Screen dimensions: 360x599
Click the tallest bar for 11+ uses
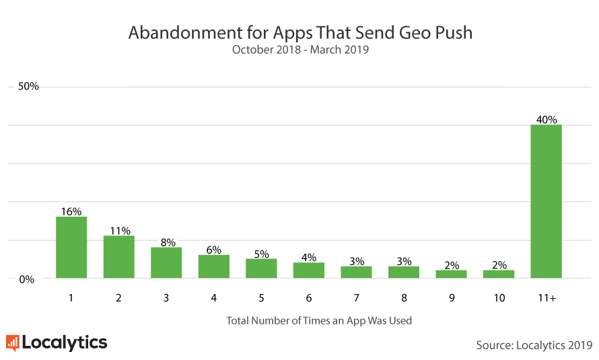pyautogui.click(x=546, y=201)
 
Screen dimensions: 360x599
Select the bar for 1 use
pyautogui.click(x=71, y=247)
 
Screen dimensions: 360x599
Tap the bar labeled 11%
pyautogui.click(x=118, y=256)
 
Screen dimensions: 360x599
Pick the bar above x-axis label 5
pyautogui.click(x=261, y=268)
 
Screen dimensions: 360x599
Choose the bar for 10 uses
pyautogui.click(x=499, y=274)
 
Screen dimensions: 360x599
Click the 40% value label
pyautogui.click(x=547, y=119)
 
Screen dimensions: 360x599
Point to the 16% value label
pyautogui.click(x=71, y=211)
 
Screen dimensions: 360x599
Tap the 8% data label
pyautogui.click(x=166, y=242)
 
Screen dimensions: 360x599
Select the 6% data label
pyautogui.click(x=214, y=250)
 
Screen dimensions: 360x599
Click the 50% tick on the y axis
pyautogui.click(x=28, y=87)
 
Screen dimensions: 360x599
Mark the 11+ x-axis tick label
pyautogui.click(x=547, y=298)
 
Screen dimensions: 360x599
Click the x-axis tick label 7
pyautogui.click(x=357, y=298)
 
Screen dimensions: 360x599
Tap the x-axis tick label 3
pyautogui.click(x=166, y=298)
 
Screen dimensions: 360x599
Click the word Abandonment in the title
pyautogui.click(x=178, y=32)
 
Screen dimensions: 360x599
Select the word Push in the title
pyautogui.click(x=452, y=32)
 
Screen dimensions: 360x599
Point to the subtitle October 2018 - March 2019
pyautogui.click(x=300, y=49)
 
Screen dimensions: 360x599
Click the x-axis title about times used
pyautogui.click(x=319, y=320)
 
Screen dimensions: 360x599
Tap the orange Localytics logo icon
pyautogui.click(x=12, y=343)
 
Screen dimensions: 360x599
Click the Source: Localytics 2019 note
pyautogui.click(x=534, y=345)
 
